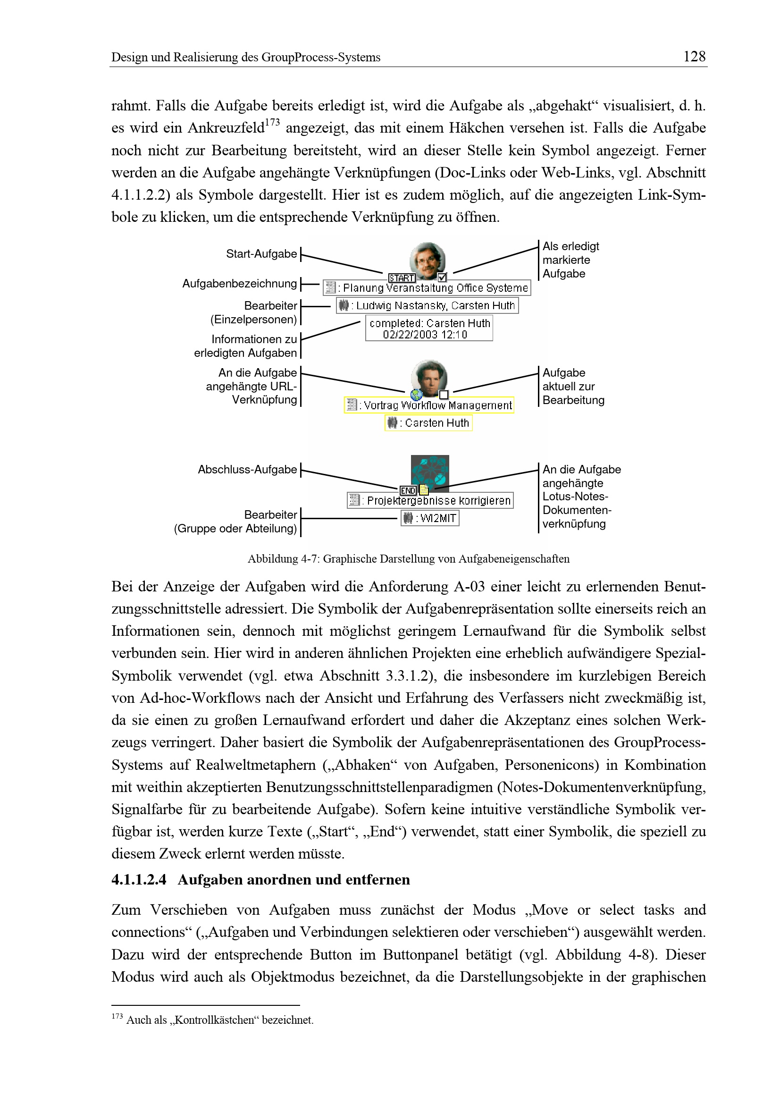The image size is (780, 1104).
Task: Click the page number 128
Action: (694, 57)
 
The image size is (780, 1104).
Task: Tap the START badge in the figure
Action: (401, 278)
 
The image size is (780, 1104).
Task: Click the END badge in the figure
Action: (408, 490)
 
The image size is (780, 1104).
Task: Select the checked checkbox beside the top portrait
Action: (443, 278)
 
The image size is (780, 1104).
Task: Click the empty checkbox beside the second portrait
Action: (444, 395)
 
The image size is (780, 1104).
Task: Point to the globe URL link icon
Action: (417, 395)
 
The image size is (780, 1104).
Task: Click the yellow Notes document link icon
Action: (424, 490)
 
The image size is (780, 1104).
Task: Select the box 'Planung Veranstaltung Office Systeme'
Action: (427, 288)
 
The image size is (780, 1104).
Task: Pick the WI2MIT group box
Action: (430, 518)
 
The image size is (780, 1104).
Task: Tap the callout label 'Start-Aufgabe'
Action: (261, 254)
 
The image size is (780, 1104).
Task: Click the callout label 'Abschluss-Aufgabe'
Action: (247, 470)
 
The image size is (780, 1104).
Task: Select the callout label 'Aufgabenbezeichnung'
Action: (239, 284)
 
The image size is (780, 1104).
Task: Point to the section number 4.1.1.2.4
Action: (139, 880)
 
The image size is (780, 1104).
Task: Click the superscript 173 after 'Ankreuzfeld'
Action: (272, 123)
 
